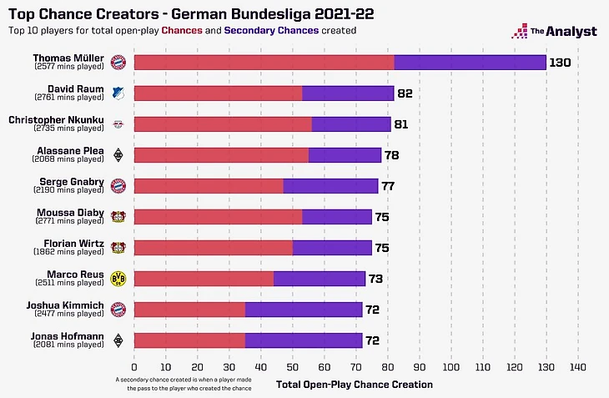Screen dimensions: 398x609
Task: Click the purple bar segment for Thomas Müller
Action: point(470,62)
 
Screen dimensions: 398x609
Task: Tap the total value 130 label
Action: point(561,63)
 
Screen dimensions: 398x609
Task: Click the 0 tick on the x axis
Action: point(133,366)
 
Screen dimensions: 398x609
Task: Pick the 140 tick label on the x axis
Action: point(578,366)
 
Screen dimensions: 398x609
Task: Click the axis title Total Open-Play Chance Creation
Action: point(355,384)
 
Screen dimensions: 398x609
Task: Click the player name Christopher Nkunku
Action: point(56,119)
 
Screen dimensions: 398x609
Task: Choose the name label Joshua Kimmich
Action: point(69,305)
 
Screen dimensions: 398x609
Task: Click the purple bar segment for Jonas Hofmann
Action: point(304,340)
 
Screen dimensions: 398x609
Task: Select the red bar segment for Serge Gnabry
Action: point(209,185)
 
